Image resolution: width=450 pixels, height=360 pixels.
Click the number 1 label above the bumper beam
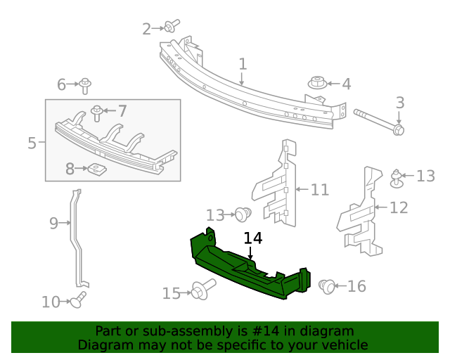(243, 64)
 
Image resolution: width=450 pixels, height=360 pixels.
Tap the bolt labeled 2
(169, 27)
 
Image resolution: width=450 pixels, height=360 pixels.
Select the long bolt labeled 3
(380, 121)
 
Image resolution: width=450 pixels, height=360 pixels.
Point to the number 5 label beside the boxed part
(32, 143)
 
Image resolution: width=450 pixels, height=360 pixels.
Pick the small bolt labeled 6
(85, 85)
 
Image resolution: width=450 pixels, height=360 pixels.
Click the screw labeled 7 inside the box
(97, 111)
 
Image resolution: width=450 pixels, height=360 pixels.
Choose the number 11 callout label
(319, 189)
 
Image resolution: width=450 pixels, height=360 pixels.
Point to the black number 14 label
(253, 238)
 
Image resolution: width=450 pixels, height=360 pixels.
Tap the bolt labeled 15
(201, 290)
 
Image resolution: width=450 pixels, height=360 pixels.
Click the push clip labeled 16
(326, 285)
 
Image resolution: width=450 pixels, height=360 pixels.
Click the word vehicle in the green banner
(344, 345)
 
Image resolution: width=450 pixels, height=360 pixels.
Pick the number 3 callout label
(399, 103)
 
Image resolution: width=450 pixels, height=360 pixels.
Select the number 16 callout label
(356, 286)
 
